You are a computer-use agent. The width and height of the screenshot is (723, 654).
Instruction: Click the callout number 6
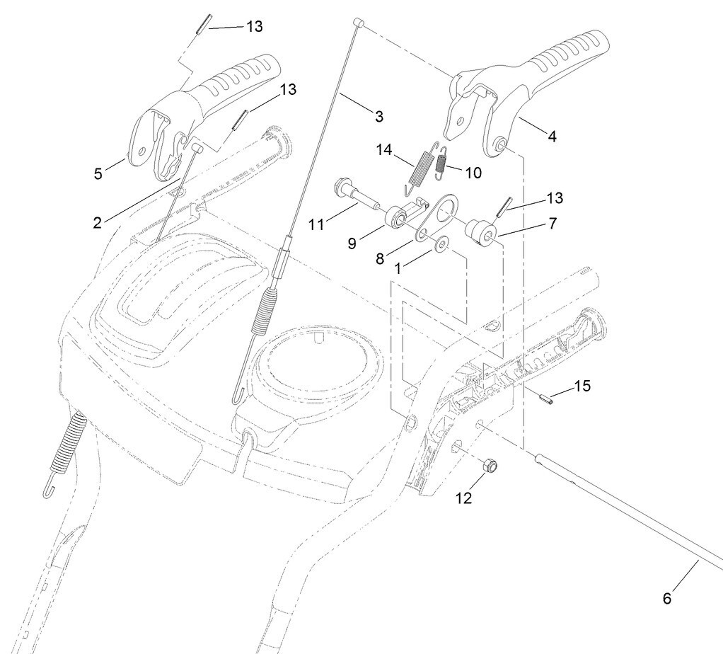click(x=666, y=598)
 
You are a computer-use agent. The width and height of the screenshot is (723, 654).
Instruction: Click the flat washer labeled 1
click(x=441, y=245)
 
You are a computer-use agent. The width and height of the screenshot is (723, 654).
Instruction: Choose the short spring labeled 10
click(x=440, y=163)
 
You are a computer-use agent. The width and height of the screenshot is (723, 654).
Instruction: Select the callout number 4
click(x=552, y=135)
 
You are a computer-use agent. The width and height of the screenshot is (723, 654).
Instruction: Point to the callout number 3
click(x=378, y=115)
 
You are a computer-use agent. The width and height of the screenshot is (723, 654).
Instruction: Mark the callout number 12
click(x=463, y=498)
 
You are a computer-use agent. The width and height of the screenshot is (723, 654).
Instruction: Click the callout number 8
click(x=380, y=258)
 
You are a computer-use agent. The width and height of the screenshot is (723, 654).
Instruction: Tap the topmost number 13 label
click(x=254, y=26)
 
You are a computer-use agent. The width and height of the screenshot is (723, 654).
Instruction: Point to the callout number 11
click(x=316, y=224)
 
